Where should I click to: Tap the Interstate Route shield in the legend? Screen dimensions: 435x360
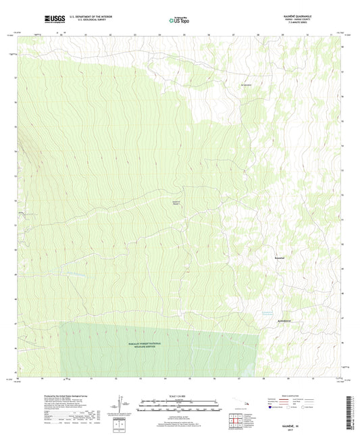click(273, 407)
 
